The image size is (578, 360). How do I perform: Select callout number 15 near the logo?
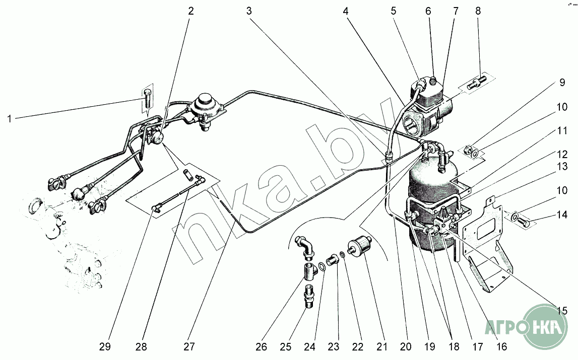pyautogui.click(x=561, y=311)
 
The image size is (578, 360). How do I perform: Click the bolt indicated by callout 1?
pyautogui.click(x=148, y=99)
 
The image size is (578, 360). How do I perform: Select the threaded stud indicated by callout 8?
pyautogui.click(x=475, y=82)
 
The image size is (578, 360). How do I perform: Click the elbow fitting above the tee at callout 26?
pyautogui.click(x=303, y=244)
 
